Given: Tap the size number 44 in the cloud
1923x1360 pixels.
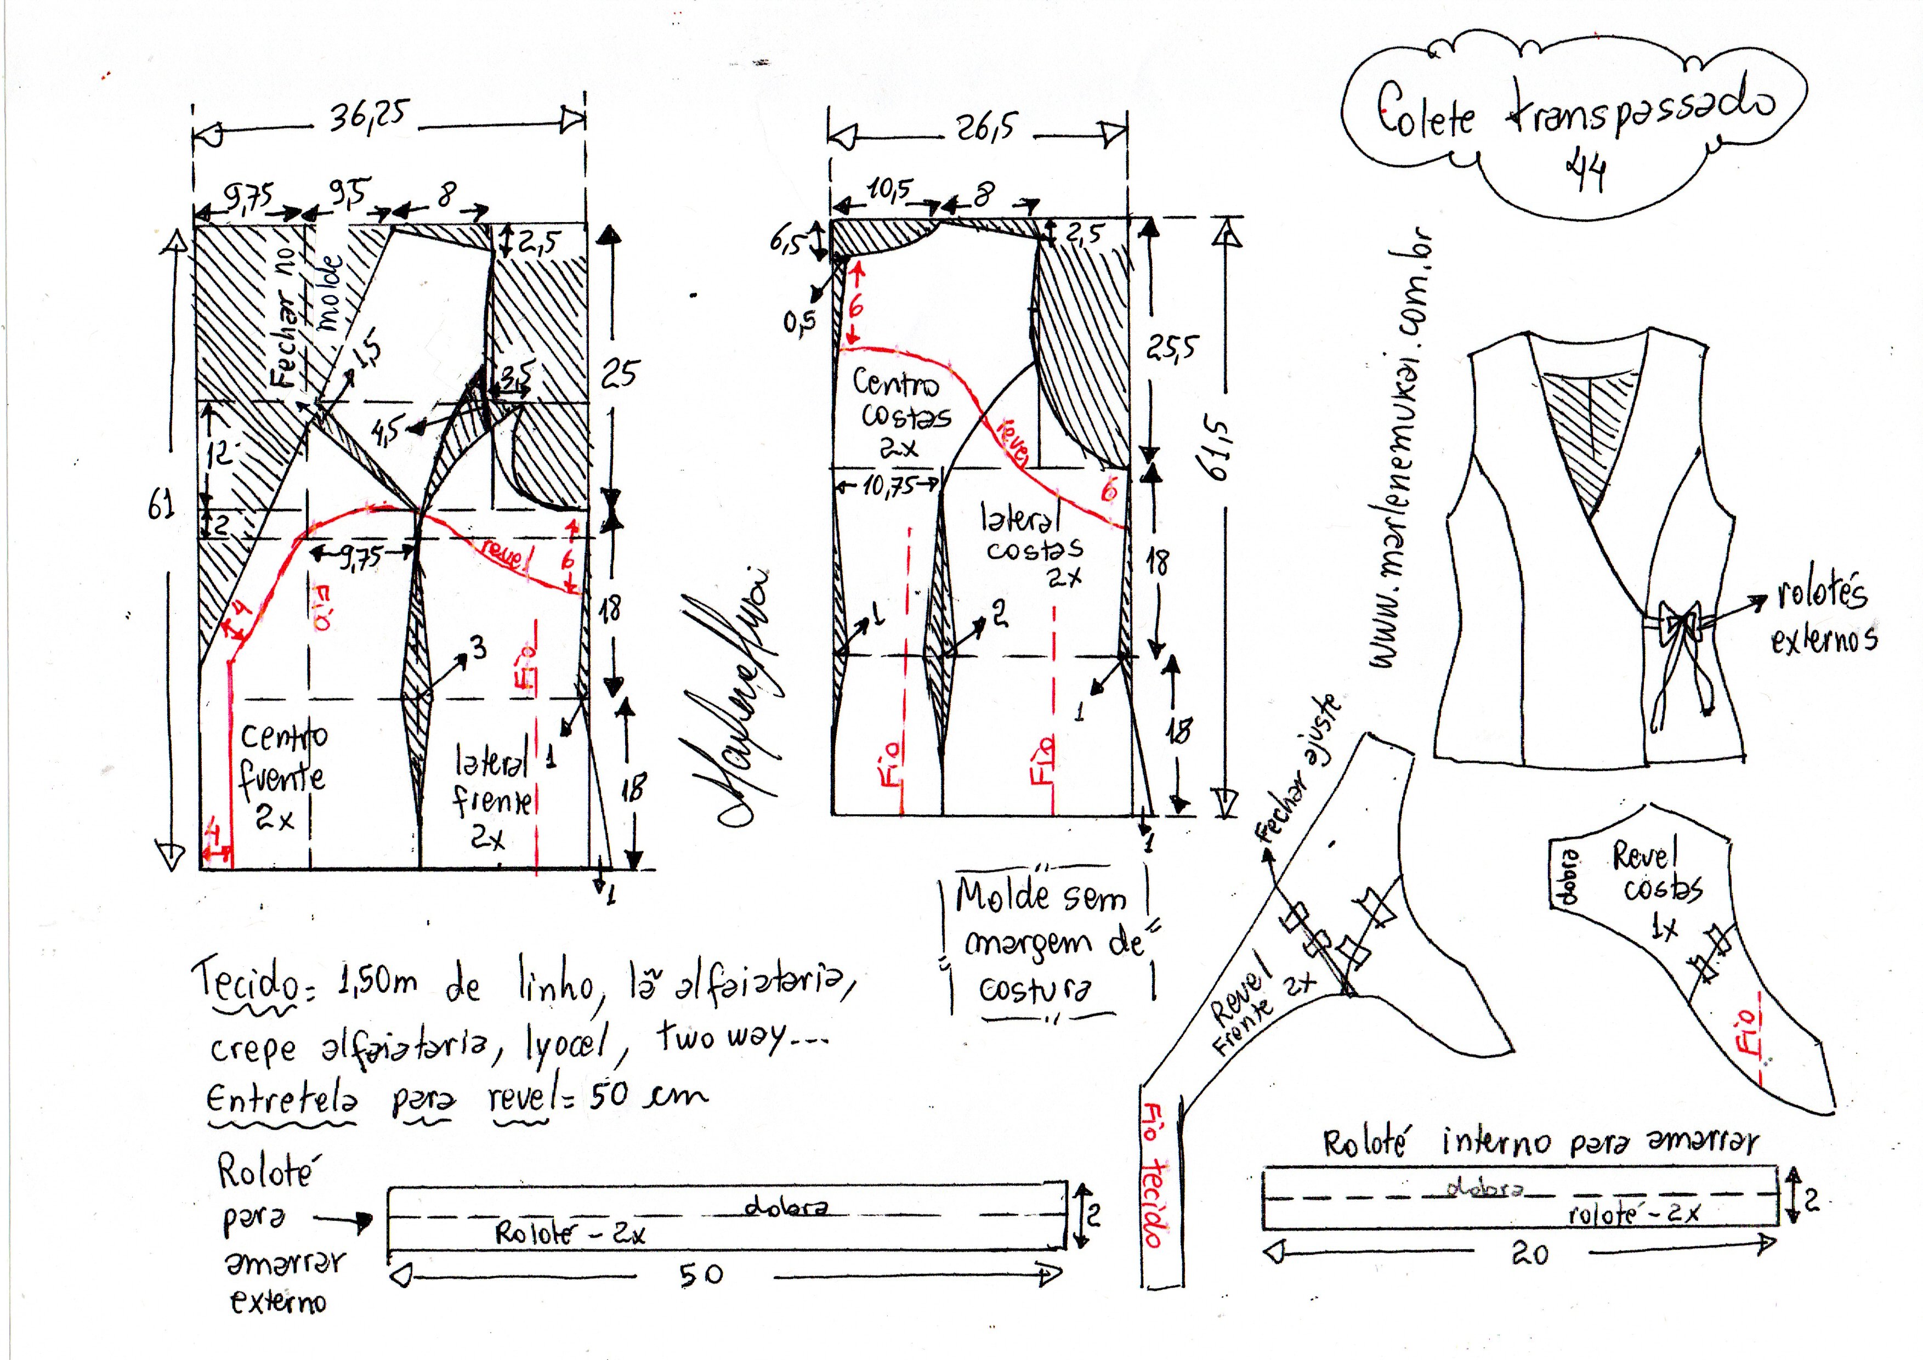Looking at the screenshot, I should point(1585,174).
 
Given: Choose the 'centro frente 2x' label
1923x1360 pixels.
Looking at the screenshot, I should point(281,775).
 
